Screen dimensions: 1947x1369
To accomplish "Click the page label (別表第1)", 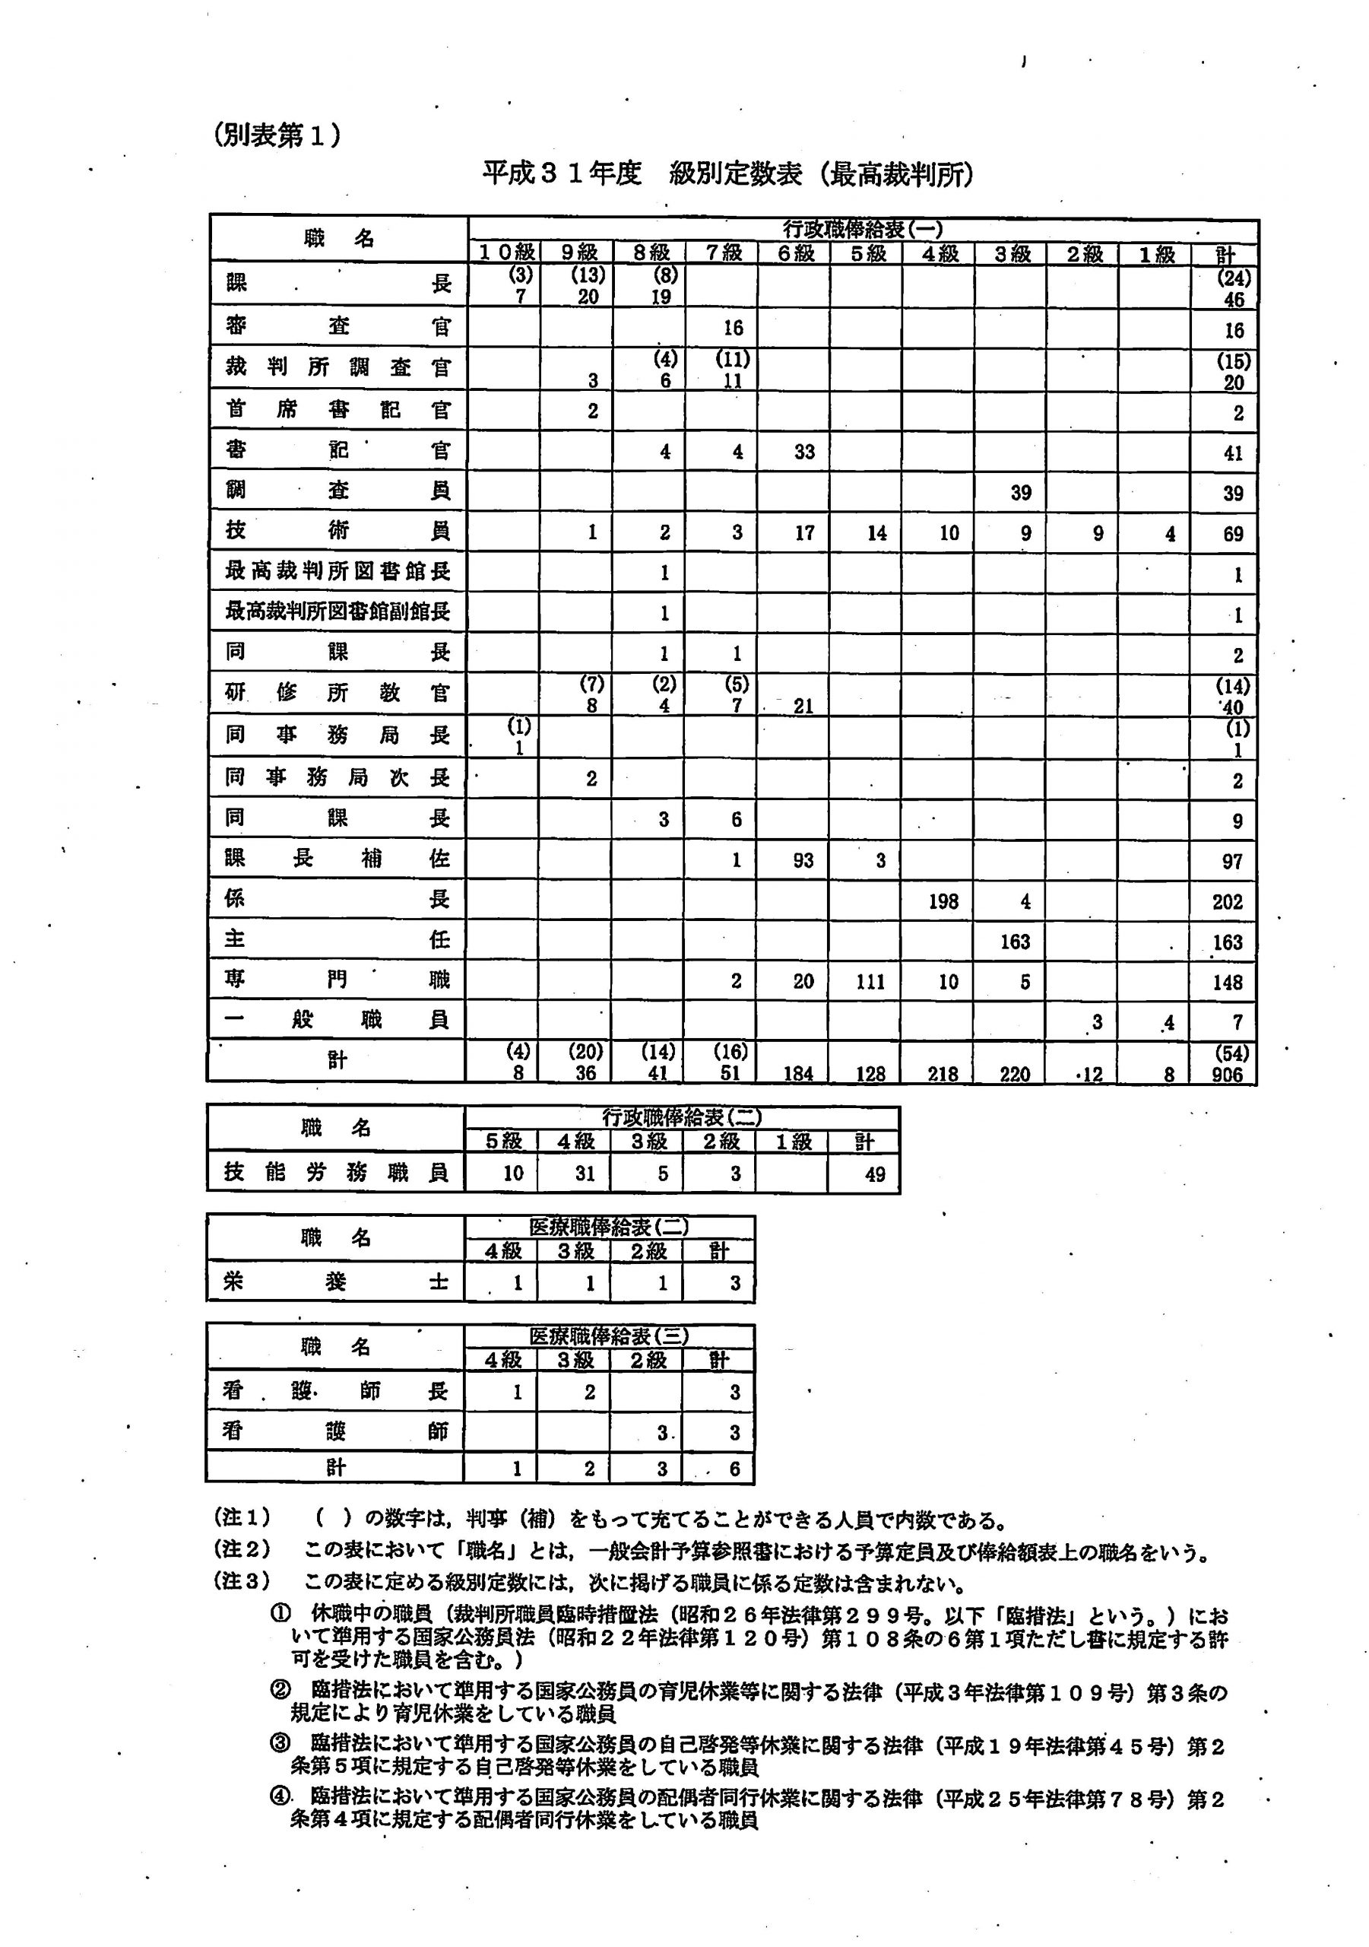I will (277, 135).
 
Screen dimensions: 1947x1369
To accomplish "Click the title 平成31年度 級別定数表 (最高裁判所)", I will (727, 174).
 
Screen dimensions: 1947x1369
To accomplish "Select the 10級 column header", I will (506, 252).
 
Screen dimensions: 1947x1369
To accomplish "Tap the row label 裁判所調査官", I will (337, 367).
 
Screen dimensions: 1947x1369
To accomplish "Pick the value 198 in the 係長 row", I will (943, 901).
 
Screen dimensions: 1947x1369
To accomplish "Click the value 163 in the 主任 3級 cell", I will (1015, 942).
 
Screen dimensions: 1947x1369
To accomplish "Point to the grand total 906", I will (1227, 1075).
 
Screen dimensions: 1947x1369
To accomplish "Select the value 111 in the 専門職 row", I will (870, 982).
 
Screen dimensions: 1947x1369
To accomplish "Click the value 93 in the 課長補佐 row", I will (803, 861).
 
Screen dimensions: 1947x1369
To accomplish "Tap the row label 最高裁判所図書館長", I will (337, 571).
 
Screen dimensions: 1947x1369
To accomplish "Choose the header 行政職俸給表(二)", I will (682, 1116).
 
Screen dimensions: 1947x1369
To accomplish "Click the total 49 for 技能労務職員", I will (874, 1174).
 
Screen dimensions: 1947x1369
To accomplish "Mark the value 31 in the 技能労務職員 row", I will (584, 1174).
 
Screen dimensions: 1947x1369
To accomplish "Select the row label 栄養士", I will (336, 1282).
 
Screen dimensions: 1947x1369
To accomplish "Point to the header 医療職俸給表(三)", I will (609, 1336).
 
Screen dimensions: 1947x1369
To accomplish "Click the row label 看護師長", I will (336, 1391).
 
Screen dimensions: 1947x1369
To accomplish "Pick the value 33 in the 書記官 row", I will (803, 452).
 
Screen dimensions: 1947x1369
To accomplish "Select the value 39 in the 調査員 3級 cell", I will (1021, 493).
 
